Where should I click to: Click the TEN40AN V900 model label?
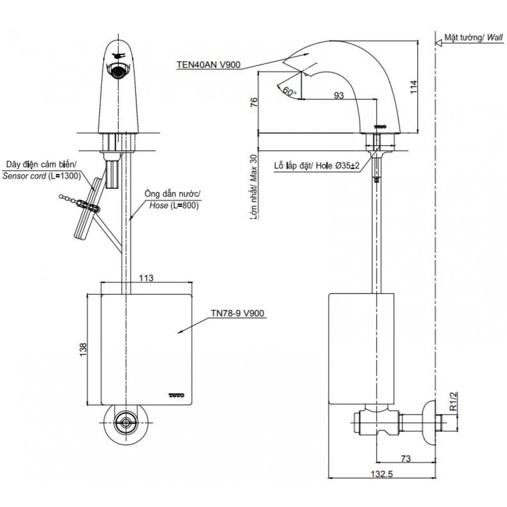coord(208,64)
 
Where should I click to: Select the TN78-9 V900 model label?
coord(237,313)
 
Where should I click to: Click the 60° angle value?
coord(289,92)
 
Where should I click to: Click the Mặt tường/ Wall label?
coord(470,38)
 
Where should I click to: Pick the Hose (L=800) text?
coord(174,205)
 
